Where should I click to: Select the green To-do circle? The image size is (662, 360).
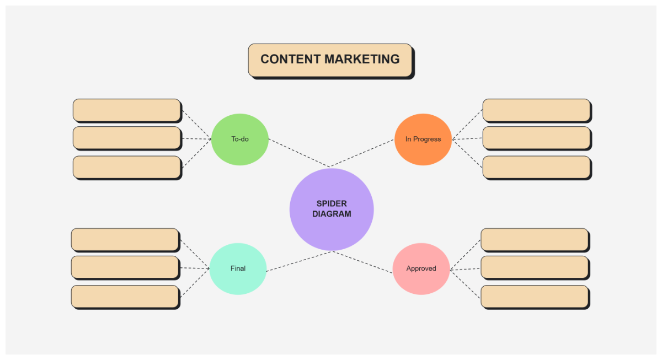coord(240,139)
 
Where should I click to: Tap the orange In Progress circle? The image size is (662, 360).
coord(423,139)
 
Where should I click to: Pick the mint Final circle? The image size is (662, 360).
coord(238,268)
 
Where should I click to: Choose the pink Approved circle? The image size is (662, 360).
coord(421,268)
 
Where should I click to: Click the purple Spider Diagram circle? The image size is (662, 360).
coord(332,209)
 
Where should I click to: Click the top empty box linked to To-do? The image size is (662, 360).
coord(126,110)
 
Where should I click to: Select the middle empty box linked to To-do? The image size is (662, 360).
coord(126,138)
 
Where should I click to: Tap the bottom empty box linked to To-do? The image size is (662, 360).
coord(126,167)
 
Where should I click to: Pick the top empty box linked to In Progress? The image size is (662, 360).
coord(536,110)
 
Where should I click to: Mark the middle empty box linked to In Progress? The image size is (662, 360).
coord(536,138)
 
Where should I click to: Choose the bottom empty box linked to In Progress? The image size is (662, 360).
coord(536,167)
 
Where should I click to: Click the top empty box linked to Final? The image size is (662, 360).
coord(125,239)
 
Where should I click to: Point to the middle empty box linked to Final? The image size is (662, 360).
coord(125,267)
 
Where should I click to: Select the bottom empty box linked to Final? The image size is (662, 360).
coord(125,296)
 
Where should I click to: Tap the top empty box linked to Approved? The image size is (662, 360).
coord(535,239)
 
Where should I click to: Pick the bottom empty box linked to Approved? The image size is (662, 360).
coord(535,296)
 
